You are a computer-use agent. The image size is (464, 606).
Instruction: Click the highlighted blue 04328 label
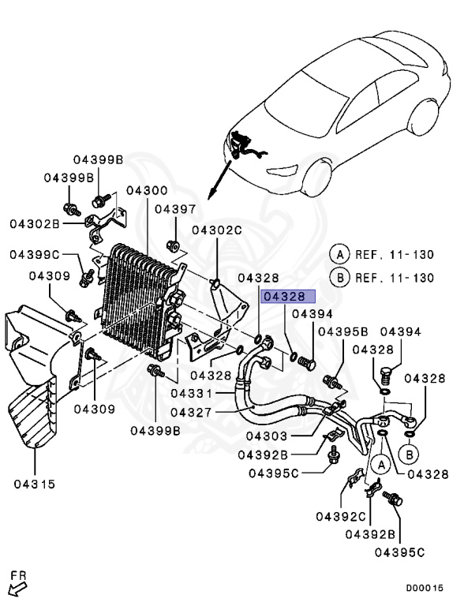[x=288, y=297]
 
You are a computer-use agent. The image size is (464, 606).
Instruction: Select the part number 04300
[x=146, y=191]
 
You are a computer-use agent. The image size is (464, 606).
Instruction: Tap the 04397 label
[x=174, y=209]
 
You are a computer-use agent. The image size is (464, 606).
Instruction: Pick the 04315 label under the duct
[x=34, y=484]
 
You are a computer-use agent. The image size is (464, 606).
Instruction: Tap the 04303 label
[x=271, y=436]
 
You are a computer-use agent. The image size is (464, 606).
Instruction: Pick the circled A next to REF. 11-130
[x=339, y=254]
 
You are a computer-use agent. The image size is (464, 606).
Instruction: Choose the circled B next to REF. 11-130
[x=339, y=277]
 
